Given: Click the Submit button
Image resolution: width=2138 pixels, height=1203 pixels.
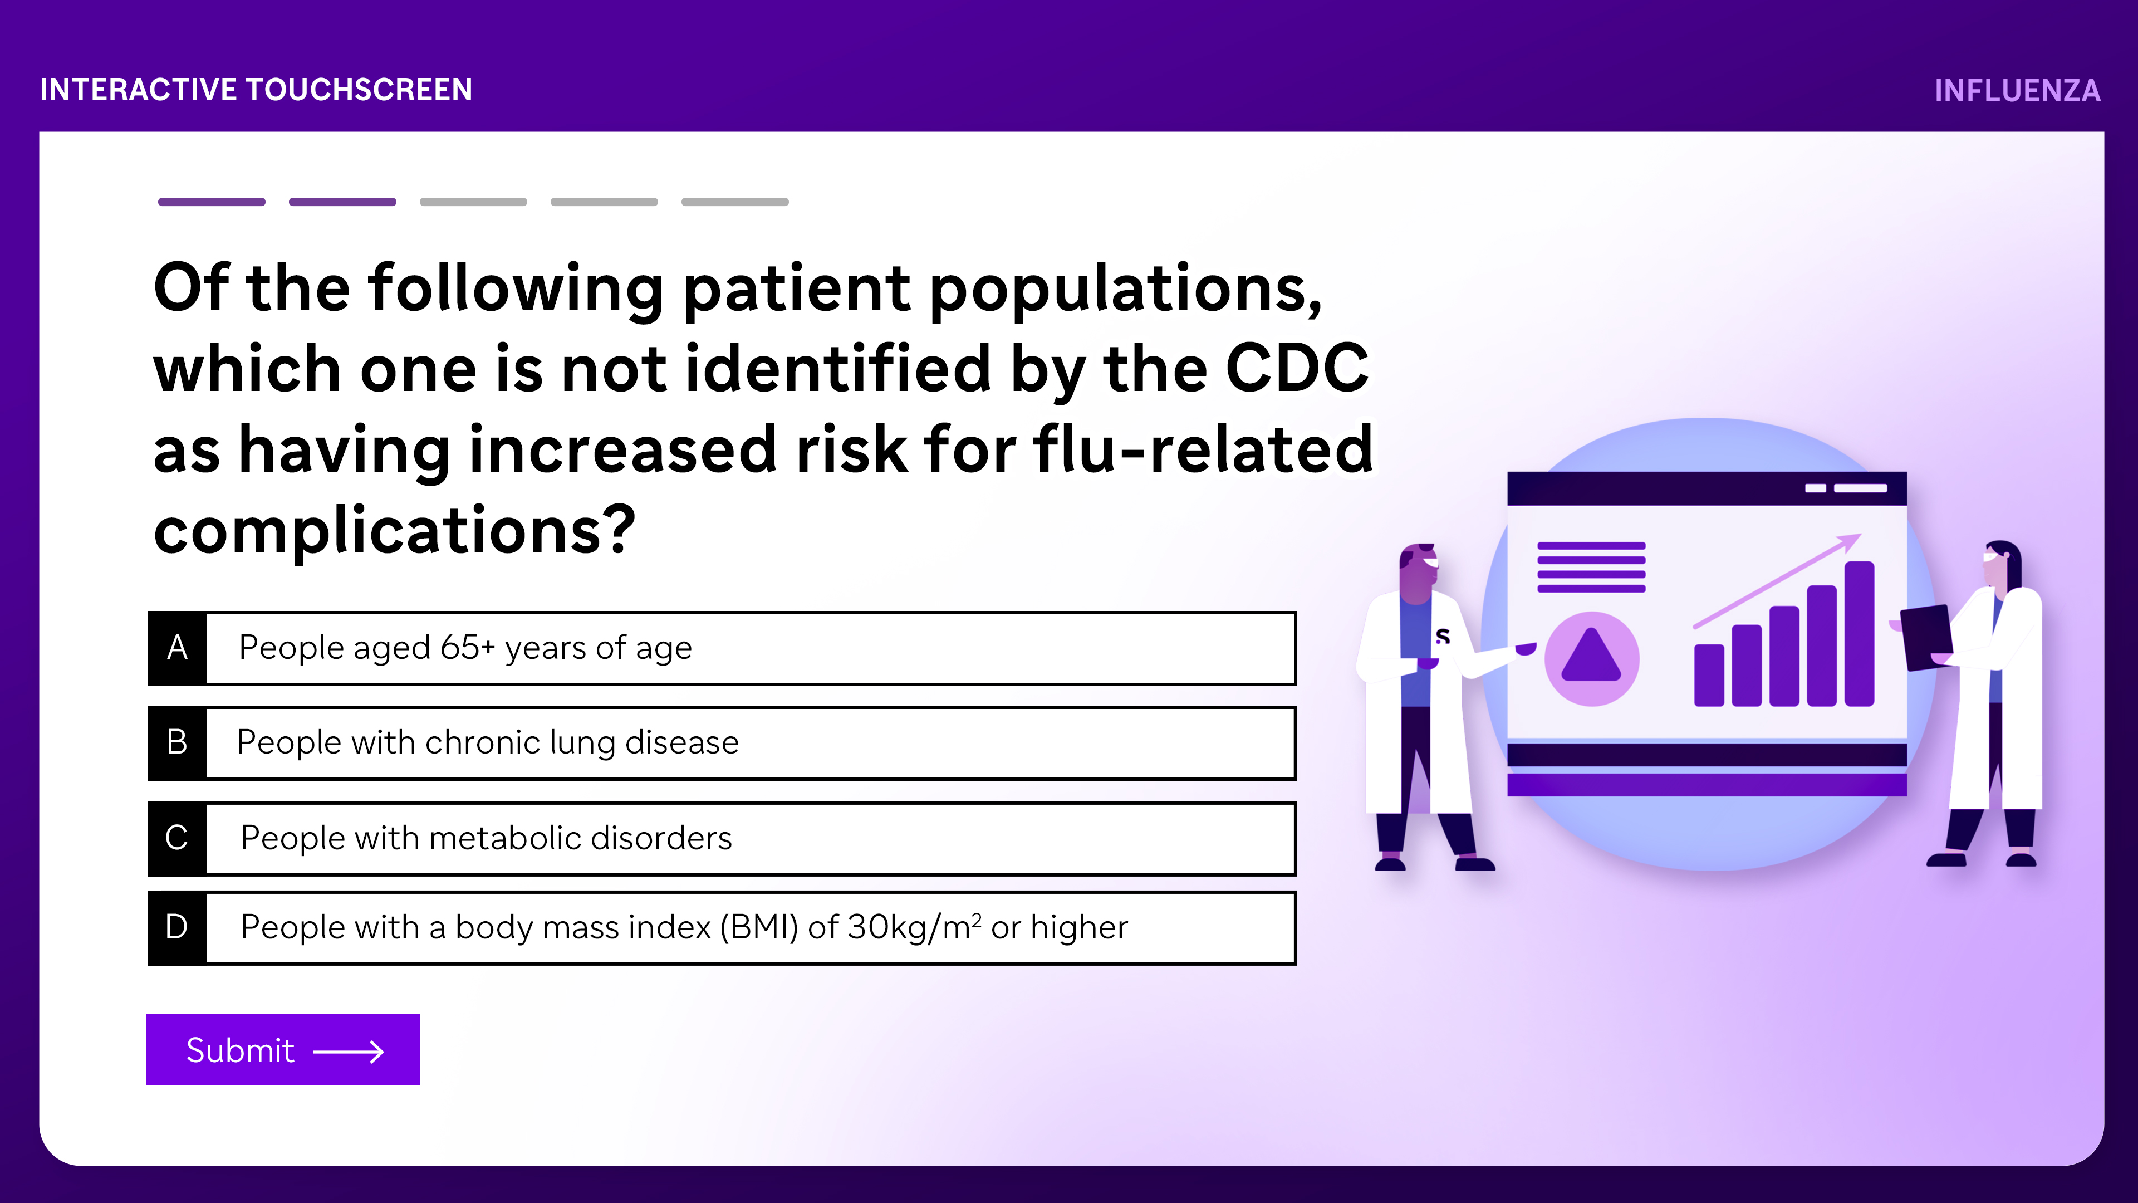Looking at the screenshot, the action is click(282, 1049).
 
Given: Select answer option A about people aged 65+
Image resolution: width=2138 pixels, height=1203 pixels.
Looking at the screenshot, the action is click(722, 648).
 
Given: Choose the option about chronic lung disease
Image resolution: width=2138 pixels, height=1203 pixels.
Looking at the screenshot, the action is click(722, 743).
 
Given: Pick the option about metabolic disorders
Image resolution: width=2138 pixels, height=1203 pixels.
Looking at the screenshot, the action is click(722, 839).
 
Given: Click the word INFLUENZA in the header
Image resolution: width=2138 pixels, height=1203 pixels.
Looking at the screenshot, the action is click(2017, 90).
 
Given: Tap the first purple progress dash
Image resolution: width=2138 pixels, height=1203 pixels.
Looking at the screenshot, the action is click(212, 202).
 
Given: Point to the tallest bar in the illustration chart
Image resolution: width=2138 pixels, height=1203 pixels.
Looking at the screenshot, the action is click(1859, 633).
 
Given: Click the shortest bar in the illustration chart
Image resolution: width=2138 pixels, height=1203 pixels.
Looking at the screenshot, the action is click(1709, 675).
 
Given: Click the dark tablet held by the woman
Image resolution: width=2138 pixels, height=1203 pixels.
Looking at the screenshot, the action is click(1926, 637).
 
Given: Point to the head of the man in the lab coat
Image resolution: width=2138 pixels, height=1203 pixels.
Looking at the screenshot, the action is click(1419, 571).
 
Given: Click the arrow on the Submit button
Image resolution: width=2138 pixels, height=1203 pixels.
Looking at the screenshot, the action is click(349, 1052).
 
